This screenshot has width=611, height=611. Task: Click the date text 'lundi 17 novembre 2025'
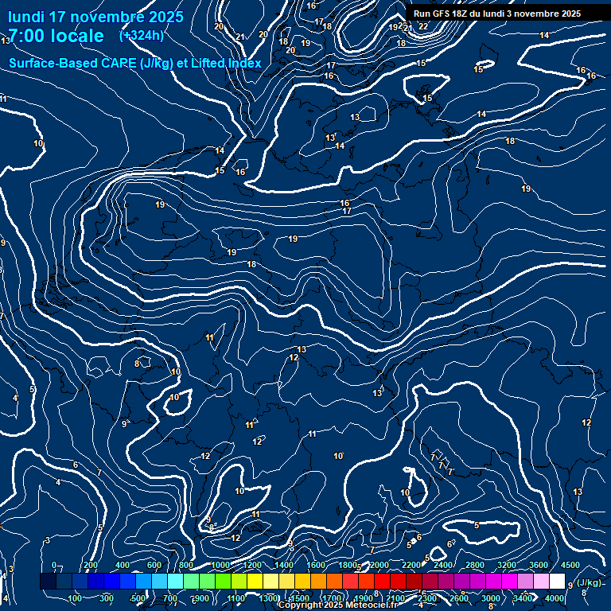(x=95, y=17)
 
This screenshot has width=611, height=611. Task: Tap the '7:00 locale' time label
(x=56, y=36)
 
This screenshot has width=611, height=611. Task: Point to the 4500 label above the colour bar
(x=570, y=565)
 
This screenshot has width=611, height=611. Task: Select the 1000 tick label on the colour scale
(x=220, y=565)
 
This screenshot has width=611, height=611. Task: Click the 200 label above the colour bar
(x=91, y=565)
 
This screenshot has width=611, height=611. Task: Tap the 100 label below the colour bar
(x=75, y=598)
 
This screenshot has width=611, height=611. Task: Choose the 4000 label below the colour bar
(x=555, y=598)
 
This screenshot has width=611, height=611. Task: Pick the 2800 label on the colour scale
(x=475, y=565)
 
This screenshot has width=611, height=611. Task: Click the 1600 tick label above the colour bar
(x=316, y=565)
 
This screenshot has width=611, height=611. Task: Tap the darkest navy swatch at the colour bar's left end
(x=48, y=582)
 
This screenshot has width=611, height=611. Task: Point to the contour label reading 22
(x=423, y=26)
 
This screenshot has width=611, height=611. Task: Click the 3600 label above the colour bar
(x=539, y=565)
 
